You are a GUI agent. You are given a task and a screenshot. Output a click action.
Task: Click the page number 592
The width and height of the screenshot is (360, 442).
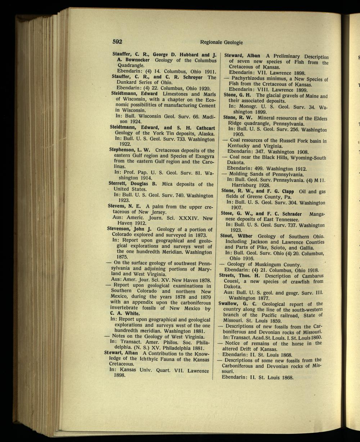click(118, 42)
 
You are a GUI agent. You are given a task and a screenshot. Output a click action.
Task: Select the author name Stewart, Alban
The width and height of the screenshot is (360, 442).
click(121, 353)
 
